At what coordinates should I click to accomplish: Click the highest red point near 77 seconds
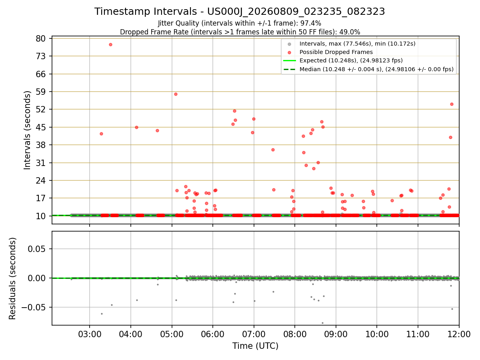coord(111,44)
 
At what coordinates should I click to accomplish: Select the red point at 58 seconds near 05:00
coord(176,94)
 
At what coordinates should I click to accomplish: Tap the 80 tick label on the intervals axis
coord(41,39)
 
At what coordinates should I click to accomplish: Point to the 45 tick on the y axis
coord(41,127)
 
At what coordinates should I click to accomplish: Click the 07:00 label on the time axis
coord(254,334)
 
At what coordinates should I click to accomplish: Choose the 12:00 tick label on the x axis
coord(459,334)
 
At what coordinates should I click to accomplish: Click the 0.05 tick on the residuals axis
coord(36,249)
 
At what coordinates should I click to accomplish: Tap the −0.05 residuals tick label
coord(34,307)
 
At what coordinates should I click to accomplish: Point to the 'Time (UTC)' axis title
coord(255,346)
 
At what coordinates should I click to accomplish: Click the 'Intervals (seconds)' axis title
coord(27,130)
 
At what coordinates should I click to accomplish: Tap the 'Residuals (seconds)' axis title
coord(12,278)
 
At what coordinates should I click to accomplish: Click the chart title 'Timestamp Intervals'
coord(146,12)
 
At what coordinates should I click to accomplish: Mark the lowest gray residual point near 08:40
coord(322,323)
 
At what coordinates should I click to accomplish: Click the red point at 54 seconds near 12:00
coord(452,104)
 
